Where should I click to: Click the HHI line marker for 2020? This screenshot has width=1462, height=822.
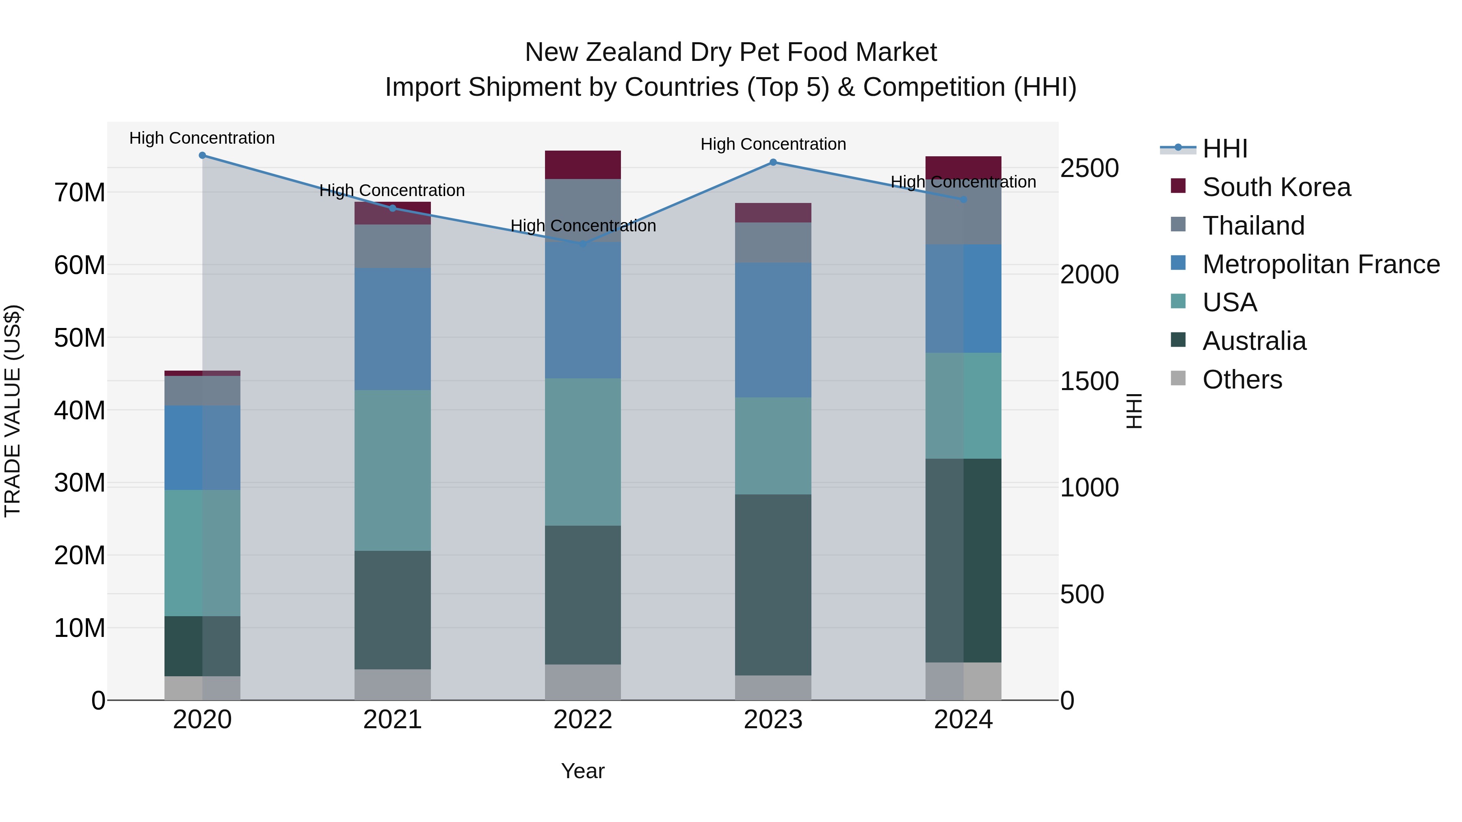click(x=202, y=155)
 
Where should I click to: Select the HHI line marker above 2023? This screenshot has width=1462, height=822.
click(x=773, y=162)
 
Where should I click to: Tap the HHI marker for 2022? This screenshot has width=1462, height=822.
click(x=582, y=244)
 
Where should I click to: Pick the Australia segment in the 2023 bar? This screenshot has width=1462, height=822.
click(x=773, y=584)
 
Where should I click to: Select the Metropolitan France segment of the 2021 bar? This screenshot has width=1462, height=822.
click(x=392, y=329)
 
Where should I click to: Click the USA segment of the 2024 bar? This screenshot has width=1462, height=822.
click(x=963, y=406)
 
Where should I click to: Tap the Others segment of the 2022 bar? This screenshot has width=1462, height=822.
click(x=582, y=682)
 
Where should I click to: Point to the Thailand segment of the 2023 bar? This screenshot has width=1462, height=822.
click(x=773, y=242)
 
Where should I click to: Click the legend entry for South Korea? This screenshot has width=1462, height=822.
click(x=1276, y=187)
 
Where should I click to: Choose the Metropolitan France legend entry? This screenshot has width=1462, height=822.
click(x=1321, y=264)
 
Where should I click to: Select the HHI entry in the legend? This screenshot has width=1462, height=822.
click(x=1225, y=149)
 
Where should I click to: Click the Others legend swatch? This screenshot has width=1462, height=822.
click(x=1178, y=378)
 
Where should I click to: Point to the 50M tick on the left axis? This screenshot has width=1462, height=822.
click(x=80, y=338)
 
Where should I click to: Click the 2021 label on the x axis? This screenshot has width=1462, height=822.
click(x=392, y=720)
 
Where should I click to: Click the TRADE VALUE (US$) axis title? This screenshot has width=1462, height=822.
click(x=13, y=411)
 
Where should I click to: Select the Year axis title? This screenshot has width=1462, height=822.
click(x=582, y=771)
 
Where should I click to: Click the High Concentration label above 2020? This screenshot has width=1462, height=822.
click(x=202, y=138)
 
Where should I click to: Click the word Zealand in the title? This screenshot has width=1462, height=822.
click(x=635, y=52)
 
